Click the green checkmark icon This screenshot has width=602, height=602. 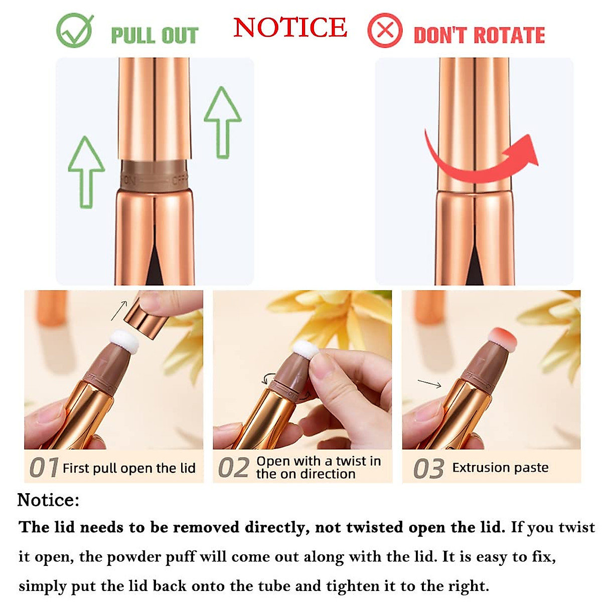pyautogui.click(x=74, y=31)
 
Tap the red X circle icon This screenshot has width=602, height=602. pyautogui.click(x=385, y=31)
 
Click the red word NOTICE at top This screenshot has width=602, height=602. pyautogui.click(x=290, y=28)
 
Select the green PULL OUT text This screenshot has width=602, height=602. pyautogui.click(x=155, y=36)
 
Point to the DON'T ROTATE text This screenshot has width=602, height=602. pyautogui.click(x=479, y=36)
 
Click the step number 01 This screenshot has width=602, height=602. pyautogui.click(x=44, y=468)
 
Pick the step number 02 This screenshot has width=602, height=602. pyautogui.click(x=233, y=468)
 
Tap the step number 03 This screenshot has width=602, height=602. pyautogui.click(x=428, y=469)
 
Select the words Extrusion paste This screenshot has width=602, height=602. pyautogui.click(x=500, y=468)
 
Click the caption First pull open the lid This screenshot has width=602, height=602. pyautogui.click(x=129, y=468)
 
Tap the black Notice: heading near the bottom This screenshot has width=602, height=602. pyautogui.click(x=48, y=500)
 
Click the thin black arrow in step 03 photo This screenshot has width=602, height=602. pyautogui.click(x=429, y=384)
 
